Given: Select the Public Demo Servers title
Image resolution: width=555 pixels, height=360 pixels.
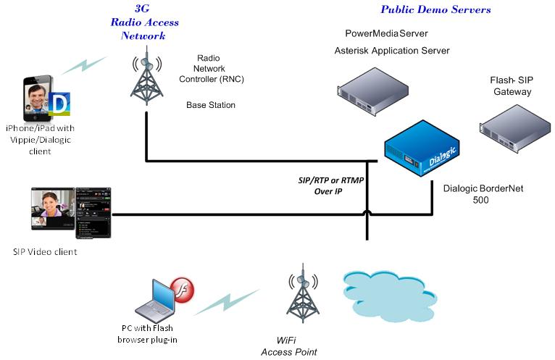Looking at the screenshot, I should click(x=435, y=9).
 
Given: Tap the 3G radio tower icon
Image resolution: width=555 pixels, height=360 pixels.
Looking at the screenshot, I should click(x=147, y=77).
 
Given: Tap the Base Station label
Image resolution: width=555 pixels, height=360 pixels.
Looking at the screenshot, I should click(x=211, y=105).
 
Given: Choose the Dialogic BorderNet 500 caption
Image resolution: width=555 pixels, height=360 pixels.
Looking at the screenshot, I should click(x=483, y=193).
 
